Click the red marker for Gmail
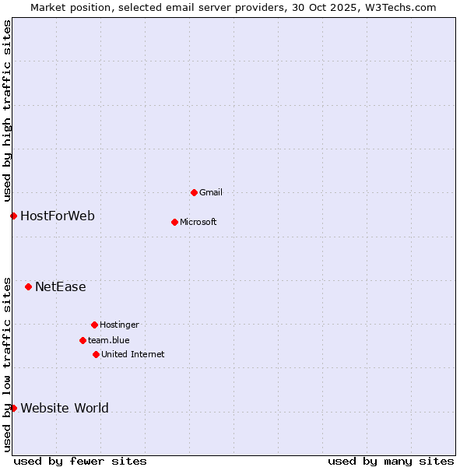coord(194,192)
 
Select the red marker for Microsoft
coord(174,222)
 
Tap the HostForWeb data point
coord(13,216)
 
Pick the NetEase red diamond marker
coord(28,286)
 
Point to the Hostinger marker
coord(94,325)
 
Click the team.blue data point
coord(83,340)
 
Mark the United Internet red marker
coord(96,354)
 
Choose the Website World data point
coord(13,408)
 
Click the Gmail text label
coord(211,192)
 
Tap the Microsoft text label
coord(198,222)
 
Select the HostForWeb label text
coord(58,216)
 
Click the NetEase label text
coord(61,286)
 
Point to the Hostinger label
coord(119,325)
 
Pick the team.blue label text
coord(109,340)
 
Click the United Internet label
coord(133,354)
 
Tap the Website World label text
coord(65,408)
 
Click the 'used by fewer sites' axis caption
coord(80,461)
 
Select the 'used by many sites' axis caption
coord(391,461)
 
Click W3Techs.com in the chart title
coord(398,7)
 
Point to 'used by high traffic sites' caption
coord(7,111)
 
